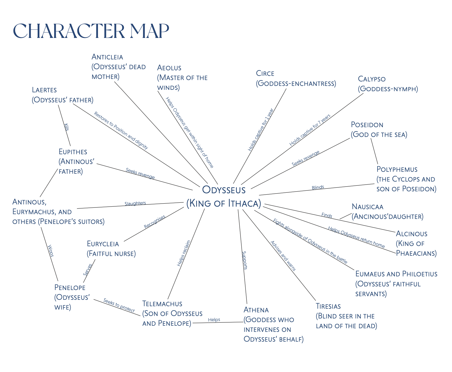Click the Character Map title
(x=91, y=31)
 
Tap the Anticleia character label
(x=119, y=67)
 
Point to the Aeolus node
(x=182, y=78)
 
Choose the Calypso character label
(x=388, y=84)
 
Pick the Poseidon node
(x=379, y=129)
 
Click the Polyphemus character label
(x=406, y=179)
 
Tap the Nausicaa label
(x=387, y=211)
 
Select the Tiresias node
(x=346, y=316)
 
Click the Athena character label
(x=273, y=324)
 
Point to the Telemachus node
(x=172, y=313)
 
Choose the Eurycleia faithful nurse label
(x=111, y=248)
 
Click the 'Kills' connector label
(x=66, y=127)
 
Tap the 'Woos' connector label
(x=51, y=250)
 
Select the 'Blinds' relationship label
(x=318, y=187)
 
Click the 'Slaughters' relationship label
(x=135, y=203)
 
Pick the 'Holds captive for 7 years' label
(x=310, y=130)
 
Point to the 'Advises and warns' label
(x=283, y=256)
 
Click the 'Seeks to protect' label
(x=119, y=305)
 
